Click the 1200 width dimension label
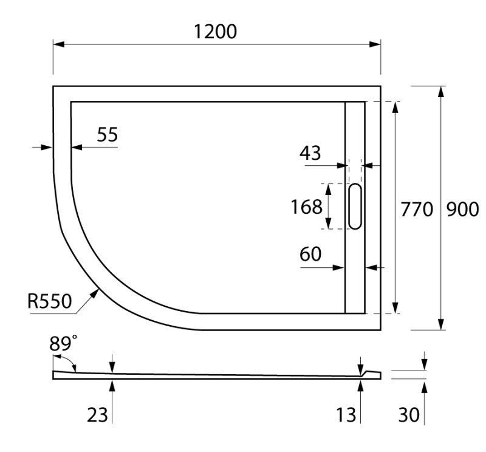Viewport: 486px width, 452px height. click(216, 32)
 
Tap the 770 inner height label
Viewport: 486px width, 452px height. click(416, 210)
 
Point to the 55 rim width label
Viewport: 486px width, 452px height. click(108, 135)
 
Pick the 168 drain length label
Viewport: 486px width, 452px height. click(306, 207)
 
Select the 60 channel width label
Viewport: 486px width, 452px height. click(310, 255)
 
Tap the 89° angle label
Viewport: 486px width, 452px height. click(64, 343)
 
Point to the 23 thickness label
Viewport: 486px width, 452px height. click(97, 415)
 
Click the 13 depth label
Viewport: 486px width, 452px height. click(346, 415)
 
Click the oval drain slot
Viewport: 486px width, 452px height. click(355, 207)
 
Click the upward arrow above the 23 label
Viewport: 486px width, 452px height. click(112, 385)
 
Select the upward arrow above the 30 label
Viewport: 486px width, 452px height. click(424, 385)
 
